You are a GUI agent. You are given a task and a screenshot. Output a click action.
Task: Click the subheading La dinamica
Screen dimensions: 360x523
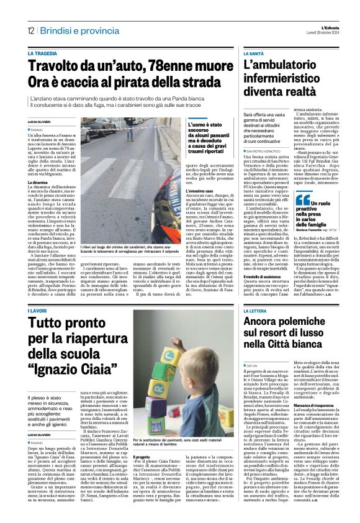pos(38,183)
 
